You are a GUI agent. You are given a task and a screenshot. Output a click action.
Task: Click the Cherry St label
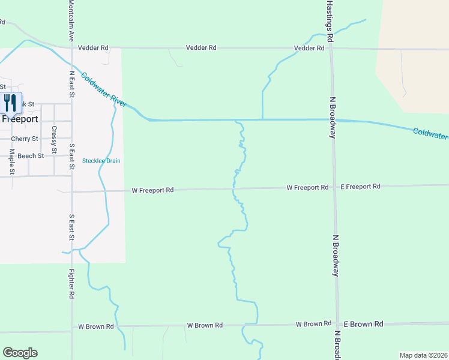pyautogui.click(x=25, y=139)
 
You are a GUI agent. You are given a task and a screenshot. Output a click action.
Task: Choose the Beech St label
pyautogui.click(x=31, y=156)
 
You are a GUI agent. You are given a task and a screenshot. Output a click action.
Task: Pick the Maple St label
pyautogui.click(x=11, y=162)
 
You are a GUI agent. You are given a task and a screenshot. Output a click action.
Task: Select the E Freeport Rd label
pyautogui.click(x=360, y=187)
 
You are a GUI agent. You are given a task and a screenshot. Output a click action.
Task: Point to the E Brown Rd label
pyautogui.click(x=363, y=324)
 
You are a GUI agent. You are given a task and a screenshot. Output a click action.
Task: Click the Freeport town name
pyautogui.click(x=20, y=119)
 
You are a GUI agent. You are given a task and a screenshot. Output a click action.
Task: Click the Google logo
pyautogui.click(x=20, y=353)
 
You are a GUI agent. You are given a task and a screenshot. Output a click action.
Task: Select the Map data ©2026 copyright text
pyautogui.click(x=423, y=355)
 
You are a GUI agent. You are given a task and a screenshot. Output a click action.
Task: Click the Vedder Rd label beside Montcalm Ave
pyautogui.click(x=96, y=47)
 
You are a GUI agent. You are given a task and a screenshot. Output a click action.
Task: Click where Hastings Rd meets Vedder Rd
pyautogui.click(x=330, y=48)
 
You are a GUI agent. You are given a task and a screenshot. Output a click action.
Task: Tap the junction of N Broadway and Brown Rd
pyautogui.click(x=337, y=325)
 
